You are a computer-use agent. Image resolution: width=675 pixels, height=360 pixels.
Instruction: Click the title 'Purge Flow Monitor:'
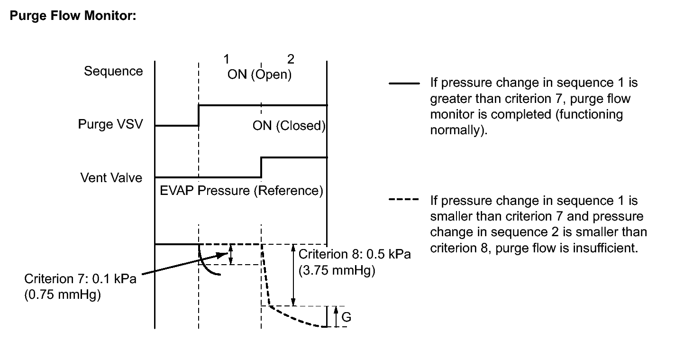(x=73, y=16)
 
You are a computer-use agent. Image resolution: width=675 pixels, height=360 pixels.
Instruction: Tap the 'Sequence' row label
(x=113, y=72)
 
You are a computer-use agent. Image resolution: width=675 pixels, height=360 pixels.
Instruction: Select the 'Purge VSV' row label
(x=110, y=124)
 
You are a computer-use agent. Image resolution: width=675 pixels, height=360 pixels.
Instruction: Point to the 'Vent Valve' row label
(x=111, y=177)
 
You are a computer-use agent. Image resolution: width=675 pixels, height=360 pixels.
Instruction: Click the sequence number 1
(x=226, y=59)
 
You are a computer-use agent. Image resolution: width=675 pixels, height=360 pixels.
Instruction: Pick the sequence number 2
(x=291, y=59)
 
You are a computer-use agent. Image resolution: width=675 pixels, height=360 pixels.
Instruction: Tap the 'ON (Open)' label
(x=259, y=74)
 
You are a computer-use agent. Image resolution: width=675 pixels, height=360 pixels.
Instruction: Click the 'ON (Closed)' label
(x=289, y=126)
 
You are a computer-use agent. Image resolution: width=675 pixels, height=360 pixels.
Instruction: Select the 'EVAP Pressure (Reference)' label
(x=241, y=191)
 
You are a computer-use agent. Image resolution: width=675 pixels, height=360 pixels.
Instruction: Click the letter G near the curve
(x=347, y=317)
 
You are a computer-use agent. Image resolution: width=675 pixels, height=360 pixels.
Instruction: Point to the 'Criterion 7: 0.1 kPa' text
(x=80, y=279)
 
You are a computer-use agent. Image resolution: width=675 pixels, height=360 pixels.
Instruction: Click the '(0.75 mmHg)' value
(x=63, y=295)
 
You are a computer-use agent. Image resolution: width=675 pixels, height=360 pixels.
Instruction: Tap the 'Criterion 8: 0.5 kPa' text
(x=355, y=254)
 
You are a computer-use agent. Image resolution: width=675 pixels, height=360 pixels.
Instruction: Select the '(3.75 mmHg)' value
(x=337, y=270)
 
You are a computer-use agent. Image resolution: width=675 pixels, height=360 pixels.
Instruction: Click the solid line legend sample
(x=404, y=83)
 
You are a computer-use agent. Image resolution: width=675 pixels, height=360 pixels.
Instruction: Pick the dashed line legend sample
(x=404, y=199)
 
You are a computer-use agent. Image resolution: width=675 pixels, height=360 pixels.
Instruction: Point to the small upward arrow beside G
(x=336, y=316)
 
